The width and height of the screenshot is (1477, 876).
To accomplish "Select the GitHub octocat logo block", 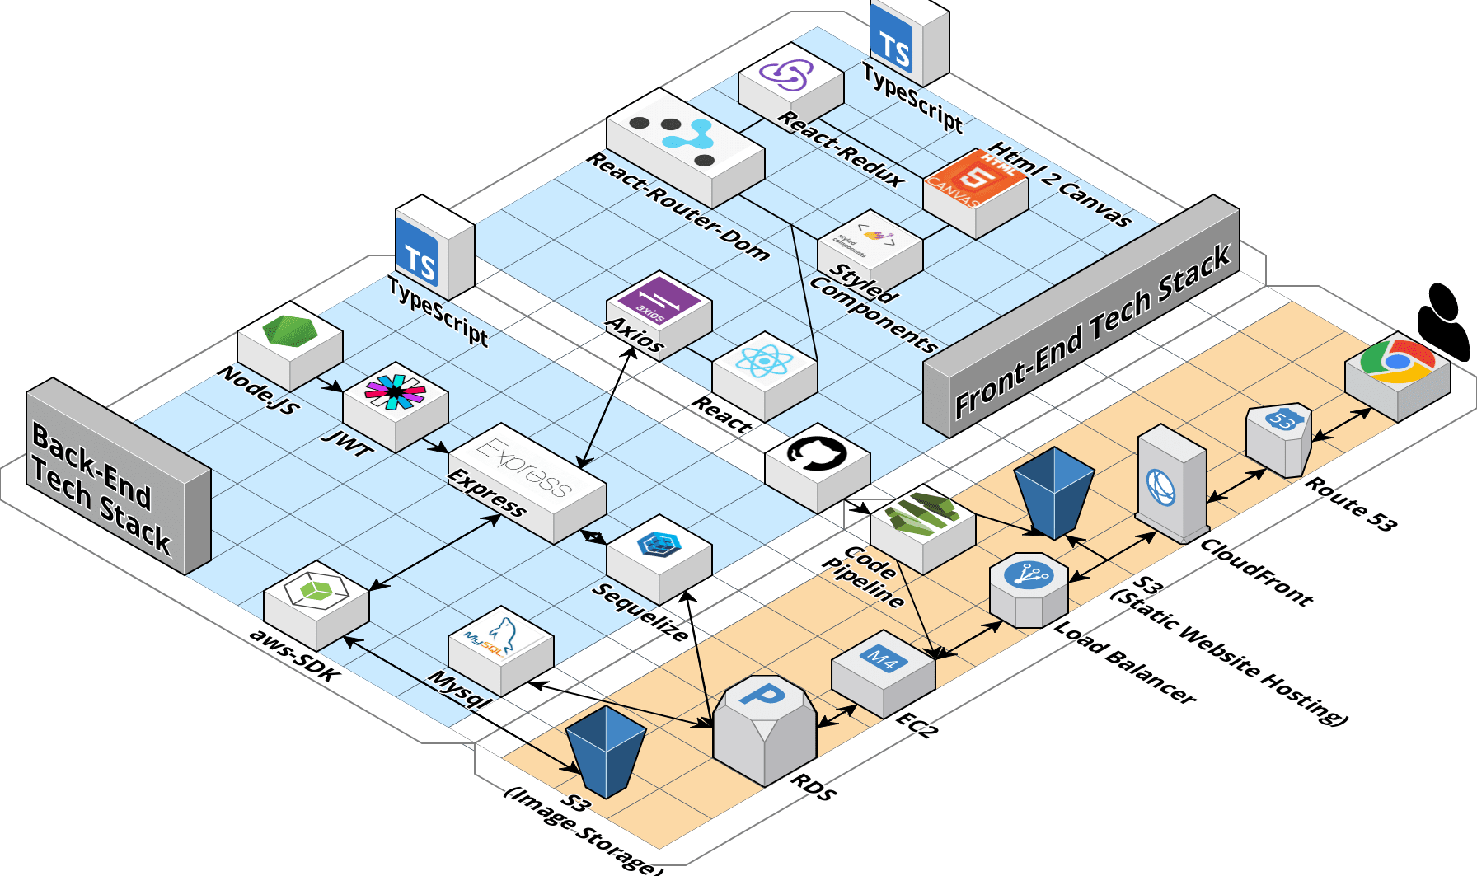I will click(816, 455).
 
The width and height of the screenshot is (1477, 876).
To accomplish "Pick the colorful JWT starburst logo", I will click(395, 391).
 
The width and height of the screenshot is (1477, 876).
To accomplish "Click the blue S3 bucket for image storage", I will click(606, 750).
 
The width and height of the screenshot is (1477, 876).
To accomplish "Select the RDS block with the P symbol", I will click(764, 725).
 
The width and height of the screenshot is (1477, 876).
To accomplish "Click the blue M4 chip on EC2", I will click(883, 659).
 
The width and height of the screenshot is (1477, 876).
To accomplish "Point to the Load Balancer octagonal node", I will click(1029, 588).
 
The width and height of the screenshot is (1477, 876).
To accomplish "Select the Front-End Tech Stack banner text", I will click(1092, 330).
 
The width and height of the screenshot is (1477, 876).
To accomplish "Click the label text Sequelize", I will click(640, 611).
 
